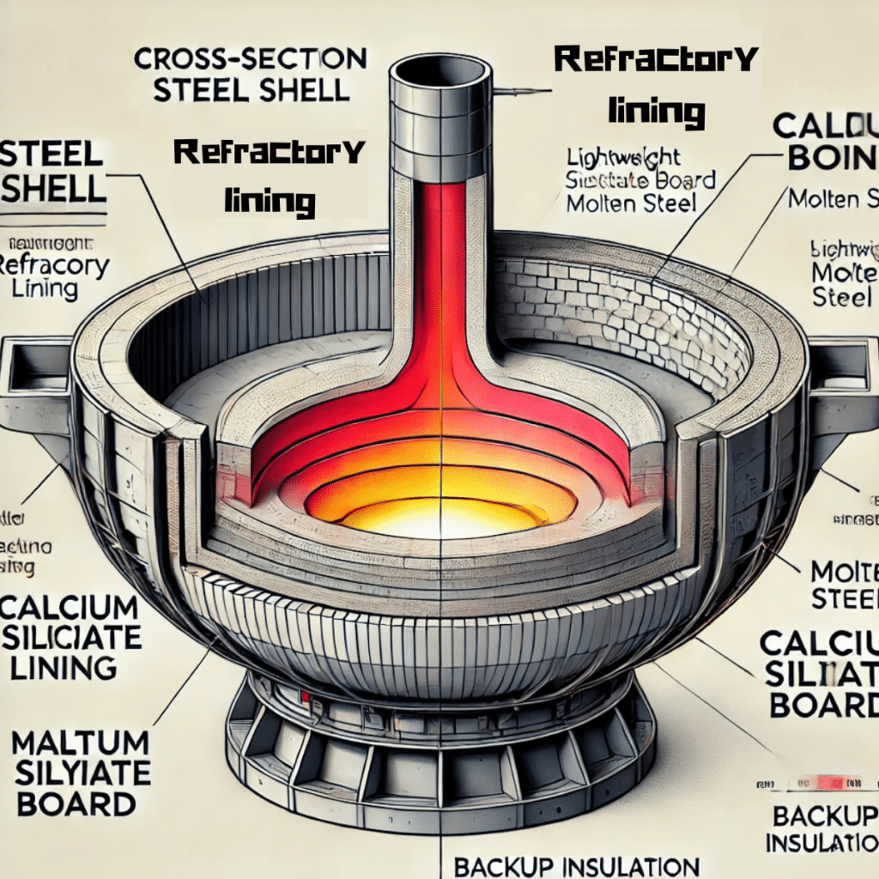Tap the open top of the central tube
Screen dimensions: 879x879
[438, 70]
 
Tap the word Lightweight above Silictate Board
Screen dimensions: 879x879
[624, 157]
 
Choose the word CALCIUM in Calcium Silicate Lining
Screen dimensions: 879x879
[68, 608]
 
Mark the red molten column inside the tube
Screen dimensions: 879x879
[439, 283]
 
